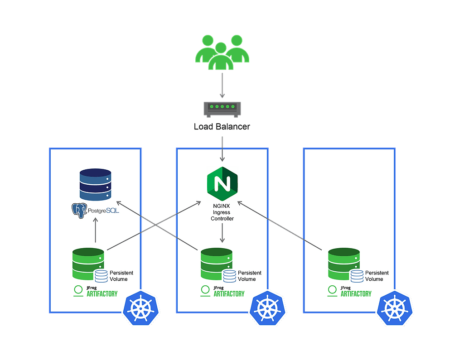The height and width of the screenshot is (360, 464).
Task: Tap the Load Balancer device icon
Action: (222, 108)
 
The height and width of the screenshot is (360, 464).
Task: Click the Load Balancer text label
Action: (222, 127)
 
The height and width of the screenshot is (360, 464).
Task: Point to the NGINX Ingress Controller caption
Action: (222, 212)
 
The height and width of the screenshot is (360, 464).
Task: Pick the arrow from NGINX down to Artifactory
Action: (222, 234)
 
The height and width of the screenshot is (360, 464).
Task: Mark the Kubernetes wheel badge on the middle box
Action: (268, 308)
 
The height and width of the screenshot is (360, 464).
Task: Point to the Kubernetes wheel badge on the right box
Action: (395, 308)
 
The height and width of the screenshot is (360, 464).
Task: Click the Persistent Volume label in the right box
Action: (377, 276)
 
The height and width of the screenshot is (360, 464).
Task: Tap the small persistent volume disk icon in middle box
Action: (229, 275)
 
